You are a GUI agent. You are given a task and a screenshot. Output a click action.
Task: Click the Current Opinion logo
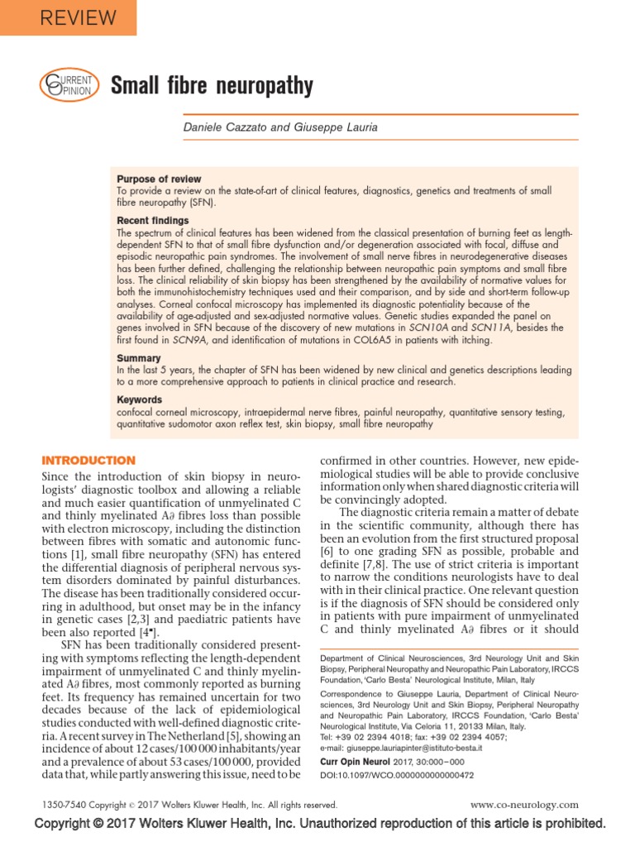click(69, 85)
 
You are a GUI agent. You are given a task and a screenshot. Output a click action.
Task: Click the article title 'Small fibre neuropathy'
click(212, 85)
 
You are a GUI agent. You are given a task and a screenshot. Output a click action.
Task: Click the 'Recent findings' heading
click(153, 221)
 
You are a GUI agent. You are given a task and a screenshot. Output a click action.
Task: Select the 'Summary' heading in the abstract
click(137, 358)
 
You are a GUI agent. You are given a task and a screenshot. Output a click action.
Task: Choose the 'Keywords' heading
click(141, 400)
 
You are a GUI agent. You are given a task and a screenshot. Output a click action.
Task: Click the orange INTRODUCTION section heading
click(88, 460)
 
